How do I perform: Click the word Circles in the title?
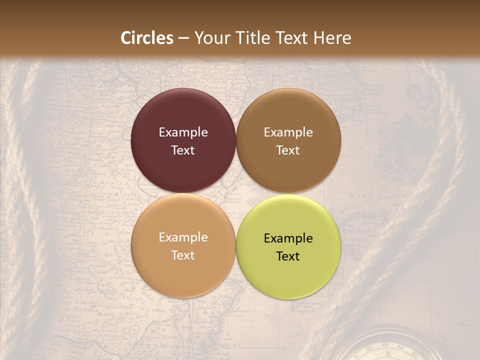(146, 38)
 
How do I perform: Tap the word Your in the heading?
(211, 38)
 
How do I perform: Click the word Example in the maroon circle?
(183, 132)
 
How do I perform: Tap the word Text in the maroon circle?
(183, 150)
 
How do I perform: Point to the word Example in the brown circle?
(288, 132)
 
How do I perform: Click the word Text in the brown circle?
(288, 150)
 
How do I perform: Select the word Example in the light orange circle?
(183, 237)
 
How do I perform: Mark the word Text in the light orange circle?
(183, 255)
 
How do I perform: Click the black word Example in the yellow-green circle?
(288, 238)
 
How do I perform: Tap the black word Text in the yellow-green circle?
(288, 256)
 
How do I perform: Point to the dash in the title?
(183, 38)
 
